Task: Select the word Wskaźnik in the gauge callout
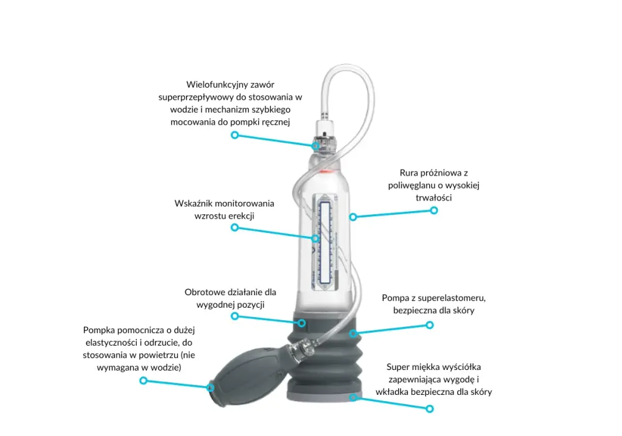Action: (x=192, y=203)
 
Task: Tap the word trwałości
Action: (x=434, y=197)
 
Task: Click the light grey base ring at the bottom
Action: (x=325, y=397)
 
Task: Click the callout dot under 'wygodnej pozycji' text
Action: (x=235, y=316)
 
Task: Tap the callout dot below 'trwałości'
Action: (x=434, y=211)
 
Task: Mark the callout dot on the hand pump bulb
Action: (x=210, y=387)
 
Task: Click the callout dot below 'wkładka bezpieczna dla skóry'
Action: (x=430, y=409)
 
